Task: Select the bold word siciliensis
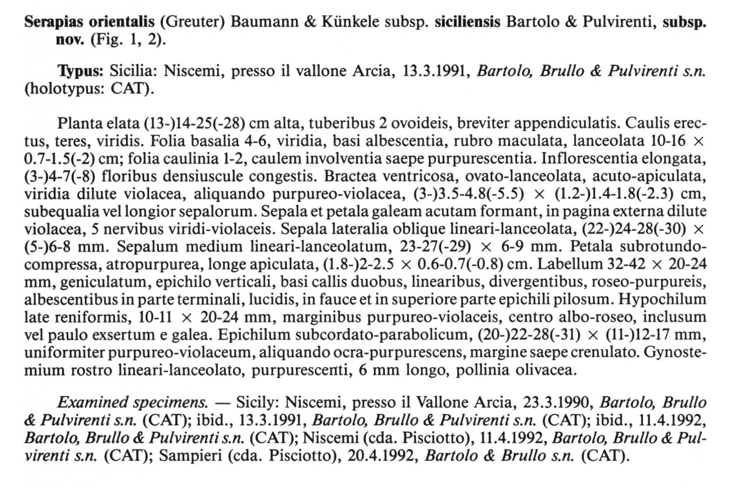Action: (x=467, y=22)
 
